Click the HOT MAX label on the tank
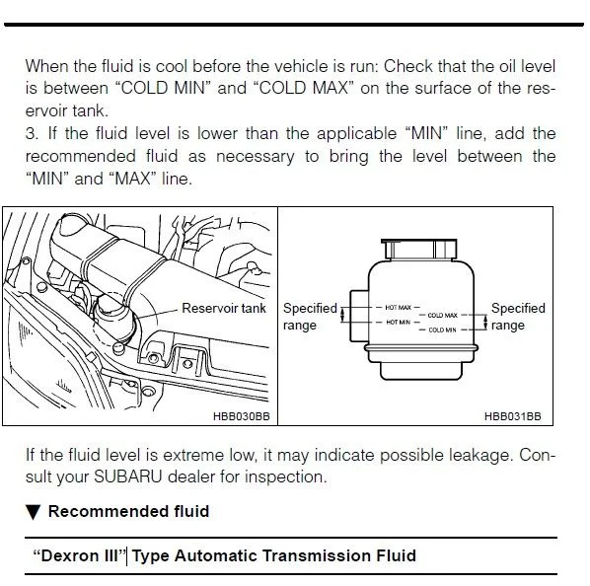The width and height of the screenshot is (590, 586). click(x=398, y=308)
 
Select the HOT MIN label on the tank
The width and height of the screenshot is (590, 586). click(x=398, y=323)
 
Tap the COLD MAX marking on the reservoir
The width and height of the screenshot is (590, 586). click(x=442, y=315)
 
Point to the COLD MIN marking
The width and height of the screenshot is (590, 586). click(x=442, y=330)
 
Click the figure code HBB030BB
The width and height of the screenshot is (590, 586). click(x=242, y=416)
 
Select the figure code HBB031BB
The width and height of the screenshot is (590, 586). click(x=513, y=416)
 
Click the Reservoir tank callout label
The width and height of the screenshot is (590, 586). click(x=224, y=309)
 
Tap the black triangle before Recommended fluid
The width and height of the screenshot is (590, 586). click(x=34, y=512)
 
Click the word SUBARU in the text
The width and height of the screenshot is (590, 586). click(x=128, y=476)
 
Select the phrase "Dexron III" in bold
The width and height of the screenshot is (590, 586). click(x=78, y=555)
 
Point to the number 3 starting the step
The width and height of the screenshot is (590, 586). click(x=31, y=134)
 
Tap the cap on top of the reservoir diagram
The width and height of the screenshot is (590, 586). click(x=419, y=249)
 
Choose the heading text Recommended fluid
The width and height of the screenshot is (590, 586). click(x=128, y=512)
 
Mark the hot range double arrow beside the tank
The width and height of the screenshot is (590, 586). click(x=342, y=315)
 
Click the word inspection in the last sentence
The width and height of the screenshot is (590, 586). click(x=286, y=477)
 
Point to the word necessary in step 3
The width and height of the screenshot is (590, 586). click(x=256, y=157)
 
